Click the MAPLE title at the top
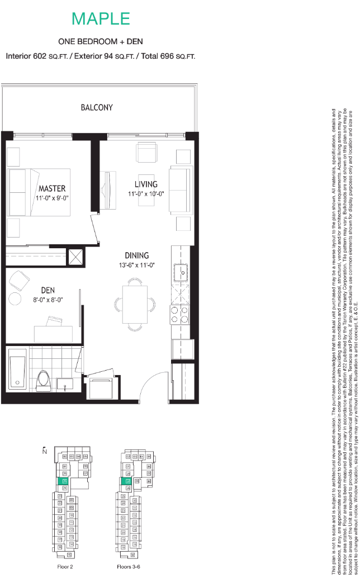point(101,18)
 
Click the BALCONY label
point(96,107)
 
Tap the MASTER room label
point(52,188)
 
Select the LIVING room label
point(145,184)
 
